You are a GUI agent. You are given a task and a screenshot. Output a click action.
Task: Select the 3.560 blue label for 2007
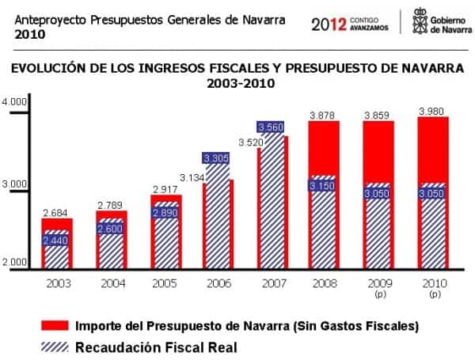(270, 127)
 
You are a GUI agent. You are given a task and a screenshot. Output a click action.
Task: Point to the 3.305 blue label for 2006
(215, 158)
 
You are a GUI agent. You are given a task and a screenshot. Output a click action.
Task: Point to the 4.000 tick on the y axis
(15, 103)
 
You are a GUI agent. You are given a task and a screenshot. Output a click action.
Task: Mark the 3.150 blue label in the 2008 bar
(324, 186)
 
